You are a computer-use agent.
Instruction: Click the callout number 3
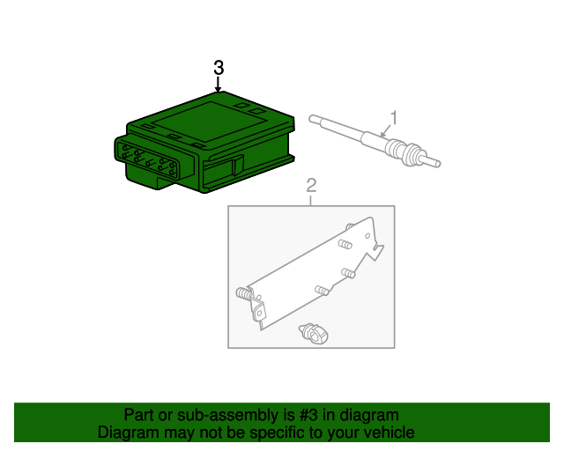coord(219,68)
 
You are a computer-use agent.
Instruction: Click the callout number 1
coord(394,118)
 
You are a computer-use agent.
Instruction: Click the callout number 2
coord(311,185)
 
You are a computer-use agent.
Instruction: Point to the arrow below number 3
coord(218,84)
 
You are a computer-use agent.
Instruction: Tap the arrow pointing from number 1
coord(386,130)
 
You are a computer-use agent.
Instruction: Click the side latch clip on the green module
coord(238,166)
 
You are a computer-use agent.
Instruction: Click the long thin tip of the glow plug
coord(337,127)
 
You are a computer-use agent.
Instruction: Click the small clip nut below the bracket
coord(314,333)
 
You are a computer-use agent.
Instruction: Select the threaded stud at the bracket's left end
coord(243,293)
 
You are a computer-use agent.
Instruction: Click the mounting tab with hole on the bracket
coord(258,311)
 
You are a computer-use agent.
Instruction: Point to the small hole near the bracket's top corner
coord(367,236)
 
